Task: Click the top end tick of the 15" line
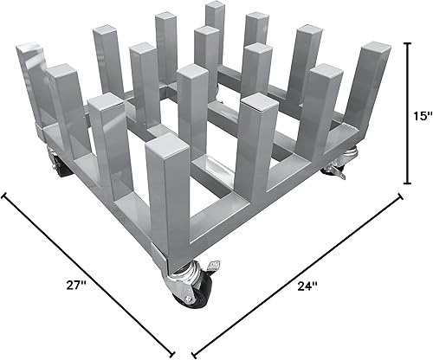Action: coord(409,42)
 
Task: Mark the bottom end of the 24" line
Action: coord(191,354)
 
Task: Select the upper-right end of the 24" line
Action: coord(402,195)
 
